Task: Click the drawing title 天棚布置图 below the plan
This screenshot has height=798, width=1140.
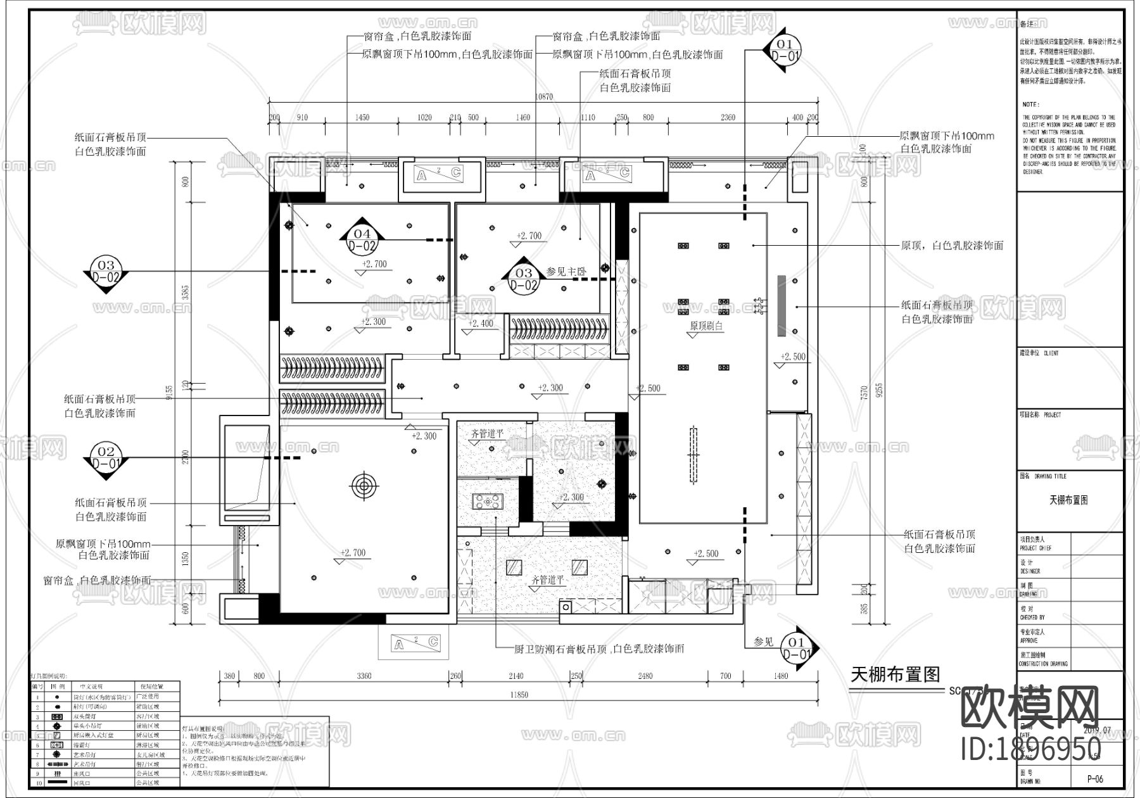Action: click(895, 674)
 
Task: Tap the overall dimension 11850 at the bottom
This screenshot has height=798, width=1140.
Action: click(518, 695)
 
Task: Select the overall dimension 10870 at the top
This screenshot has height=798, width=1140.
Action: click(543, 97)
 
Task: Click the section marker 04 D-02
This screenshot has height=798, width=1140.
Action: click(362, 240)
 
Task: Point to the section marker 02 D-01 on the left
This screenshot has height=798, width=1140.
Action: click(106, 457)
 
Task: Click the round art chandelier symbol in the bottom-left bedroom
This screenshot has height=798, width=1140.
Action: click(364, 486)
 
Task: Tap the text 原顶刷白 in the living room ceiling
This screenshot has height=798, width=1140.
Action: click(706, 326)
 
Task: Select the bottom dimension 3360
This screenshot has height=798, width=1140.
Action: click(364, 676)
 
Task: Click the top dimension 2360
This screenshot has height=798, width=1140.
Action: click(728, 117)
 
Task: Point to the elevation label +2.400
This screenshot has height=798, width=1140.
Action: click(481, 323)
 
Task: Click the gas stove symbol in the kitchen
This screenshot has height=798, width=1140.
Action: click(487, 502)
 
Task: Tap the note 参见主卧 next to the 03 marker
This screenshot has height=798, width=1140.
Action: click(566, 271)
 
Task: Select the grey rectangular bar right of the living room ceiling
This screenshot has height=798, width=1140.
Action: click(782, 306)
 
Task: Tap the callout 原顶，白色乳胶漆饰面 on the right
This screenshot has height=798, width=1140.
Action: click(952, 245)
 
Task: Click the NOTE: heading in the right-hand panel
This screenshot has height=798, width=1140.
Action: click(1030, 104)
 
